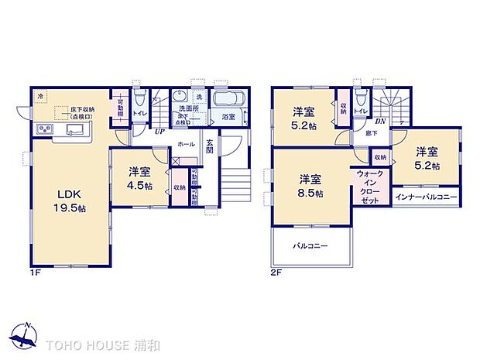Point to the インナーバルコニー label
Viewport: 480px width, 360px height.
(427, 197)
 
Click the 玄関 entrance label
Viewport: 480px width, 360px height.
(210, 146)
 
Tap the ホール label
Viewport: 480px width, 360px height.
(186, 145)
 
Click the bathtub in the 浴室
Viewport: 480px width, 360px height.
(226, 101)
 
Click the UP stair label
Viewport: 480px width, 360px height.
(159, 132)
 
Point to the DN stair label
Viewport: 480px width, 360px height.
(381, 121)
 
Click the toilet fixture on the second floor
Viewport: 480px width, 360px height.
(360, 100)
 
